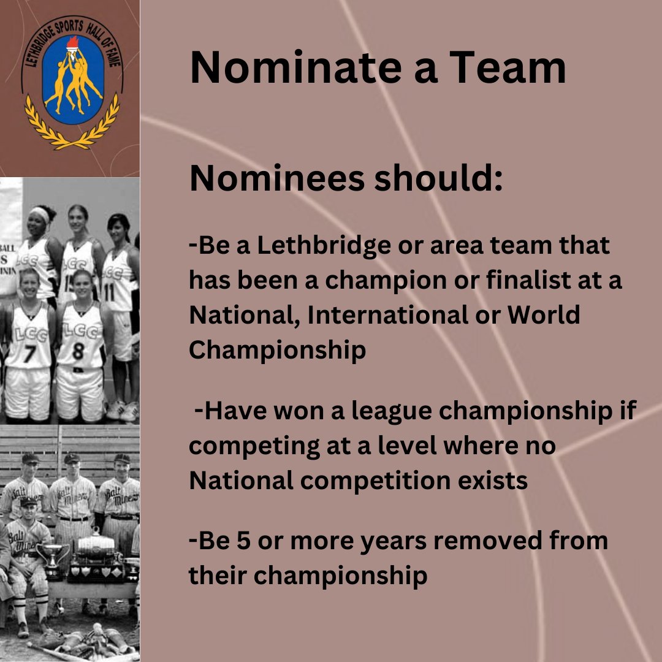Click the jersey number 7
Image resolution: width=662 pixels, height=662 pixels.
pyautogui.click(x=30, y=354)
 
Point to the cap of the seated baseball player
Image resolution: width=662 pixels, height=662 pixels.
pyautogui.click(x=28, y=501)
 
